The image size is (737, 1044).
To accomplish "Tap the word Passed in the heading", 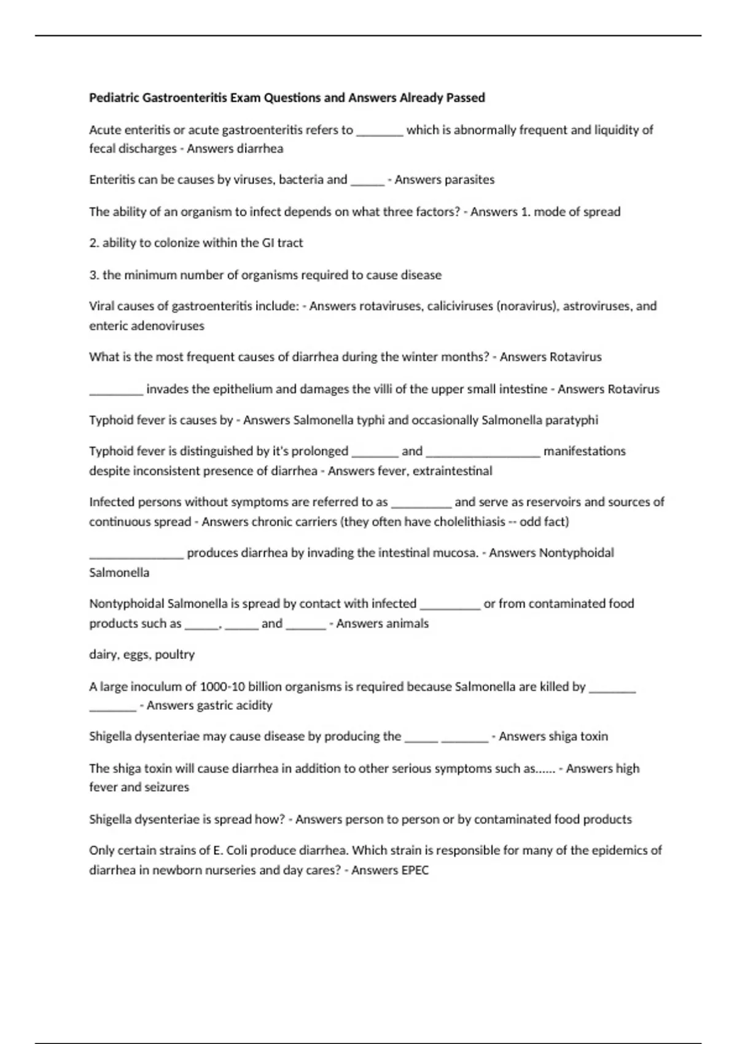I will [466, 98].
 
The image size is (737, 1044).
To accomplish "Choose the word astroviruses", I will [592, 306].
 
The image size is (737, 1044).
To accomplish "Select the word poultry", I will [175, 655].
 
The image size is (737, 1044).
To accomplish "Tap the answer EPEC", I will [415, 870].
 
